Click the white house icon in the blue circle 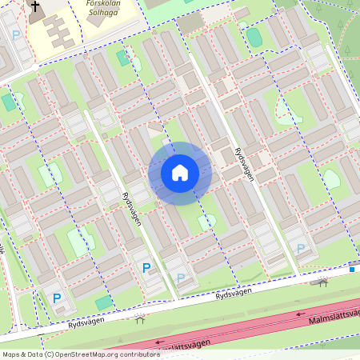(x=180, y=173)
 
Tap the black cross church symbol (x=34, y=7)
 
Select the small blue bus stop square (x=352, y=270)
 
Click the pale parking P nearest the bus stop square (x=301, y=249)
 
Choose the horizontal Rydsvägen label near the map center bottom (x=233, y=294)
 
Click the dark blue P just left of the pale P (x=146, y=268)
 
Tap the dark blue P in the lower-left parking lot (x=57, y=298)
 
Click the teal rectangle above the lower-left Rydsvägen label (x=104, y=302)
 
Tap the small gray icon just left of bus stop (x=323, y=282)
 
